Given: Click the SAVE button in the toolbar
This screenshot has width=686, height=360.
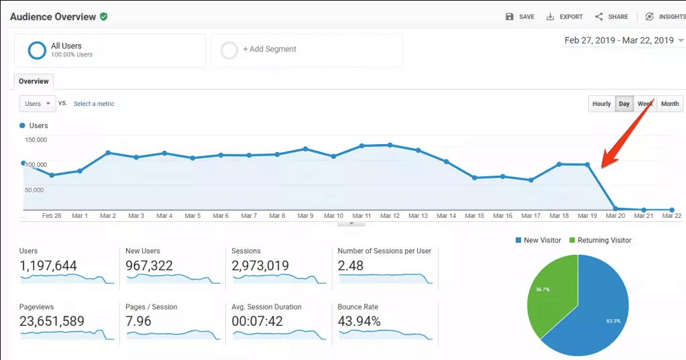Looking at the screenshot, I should tap(520, 17).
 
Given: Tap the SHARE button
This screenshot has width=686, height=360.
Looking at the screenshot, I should tap(611, 17).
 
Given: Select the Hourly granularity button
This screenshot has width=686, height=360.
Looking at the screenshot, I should tap(602, 104).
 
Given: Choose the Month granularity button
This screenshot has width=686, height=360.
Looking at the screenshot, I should tap(669, 104).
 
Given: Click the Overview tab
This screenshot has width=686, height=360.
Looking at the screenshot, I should tap(34, 81).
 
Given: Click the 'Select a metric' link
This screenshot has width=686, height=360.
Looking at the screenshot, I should tap(94, 104).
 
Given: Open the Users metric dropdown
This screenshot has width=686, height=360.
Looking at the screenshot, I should tap(38, 104).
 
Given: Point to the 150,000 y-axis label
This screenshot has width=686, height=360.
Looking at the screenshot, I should tap(36, 140).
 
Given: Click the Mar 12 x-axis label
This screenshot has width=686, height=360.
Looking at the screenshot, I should tap(390, 216).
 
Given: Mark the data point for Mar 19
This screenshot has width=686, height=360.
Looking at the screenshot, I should tap(587, 164).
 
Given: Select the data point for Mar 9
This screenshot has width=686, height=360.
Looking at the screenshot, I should tap(305, 149).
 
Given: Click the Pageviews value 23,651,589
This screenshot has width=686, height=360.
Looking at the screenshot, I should tap(52, 321).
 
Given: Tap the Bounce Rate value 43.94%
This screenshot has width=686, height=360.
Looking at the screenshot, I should tap(359, 321).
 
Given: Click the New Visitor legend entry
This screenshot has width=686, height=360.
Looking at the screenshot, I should tap(540, 240).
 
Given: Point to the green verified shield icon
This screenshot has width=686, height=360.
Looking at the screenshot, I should tap(103, 17).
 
